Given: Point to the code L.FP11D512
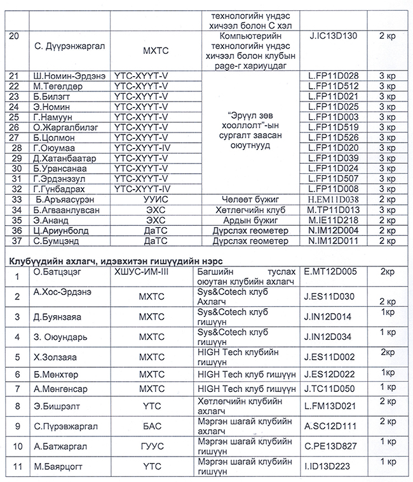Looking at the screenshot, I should pos(334,86).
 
